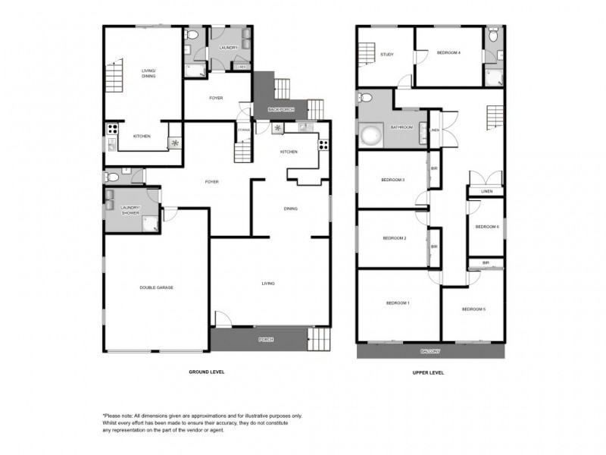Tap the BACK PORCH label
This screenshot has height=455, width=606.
pyautogui.click(x=280, y=110)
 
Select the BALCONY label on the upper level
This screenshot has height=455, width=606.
pyautogui.click(x=430, y=352)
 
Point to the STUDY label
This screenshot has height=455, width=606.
pyautogui.click(x=387, y=54)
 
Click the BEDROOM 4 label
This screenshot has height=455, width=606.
pyautogui.click(x=449, y=52)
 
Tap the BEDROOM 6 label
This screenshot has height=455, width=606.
pyautogui.click(x=486, y=227)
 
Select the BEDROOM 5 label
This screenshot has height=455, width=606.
pyautogui.click(x=473, y=309)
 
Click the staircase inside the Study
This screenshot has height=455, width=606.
pyautogui.click(x=368, y=55)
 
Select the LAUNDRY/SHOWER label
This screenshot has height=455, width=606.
pyautogui.click(x=130, y=209)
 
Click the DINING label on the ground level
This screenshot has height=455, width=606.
pyautogui.click(x=290, y=209)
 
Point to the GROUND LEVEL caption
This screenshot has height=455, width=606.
pyautogui.click(x=206, y=372)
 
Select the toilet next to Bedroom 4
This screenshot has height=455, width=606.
pyautogui.click(x=493, y=36)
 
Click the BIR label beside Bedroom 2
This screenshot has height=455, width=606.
pyautogui.click(x=434, y=246)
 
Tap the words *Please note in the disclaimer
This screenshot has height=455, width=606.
pyautogui.click(x=121, y=416)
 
